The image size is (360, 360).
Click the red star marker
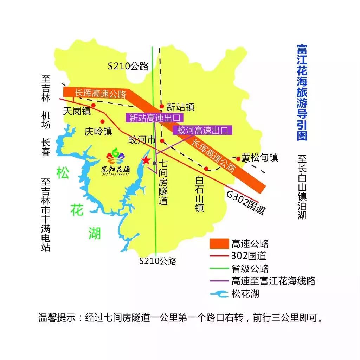[146, 160]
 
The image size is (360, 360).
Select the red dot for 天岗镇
[94, 105]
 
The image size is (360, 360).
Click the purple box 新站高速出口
[155, 118]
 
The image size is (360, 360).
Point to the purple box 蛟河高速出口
[202, 131]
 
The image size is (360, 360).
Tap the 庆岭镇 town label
[98, 131]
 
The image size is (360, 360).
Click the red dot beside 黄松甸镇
[238, 159]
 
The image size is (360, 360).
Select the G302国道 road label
[245, 203]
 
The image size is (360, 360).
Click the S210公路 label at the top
[128, 66]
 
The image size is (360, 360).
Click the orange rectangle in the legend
[219, 243]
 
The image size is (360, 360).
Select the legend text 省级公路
[250, 269]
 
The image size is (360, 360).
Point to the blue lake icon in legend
[219, 293]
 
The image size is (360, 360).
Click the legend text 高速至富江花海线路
[273, 281]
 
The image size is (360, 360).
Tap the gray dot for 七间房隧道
[154, 163]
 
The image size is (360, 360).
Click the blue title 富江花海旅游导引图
[302, 92]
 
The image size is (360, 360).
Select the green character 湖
[94, 233]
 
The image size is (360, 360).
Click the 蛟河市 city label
[142, 140]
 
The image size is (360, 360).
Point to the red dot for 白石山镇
[207, 169]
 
